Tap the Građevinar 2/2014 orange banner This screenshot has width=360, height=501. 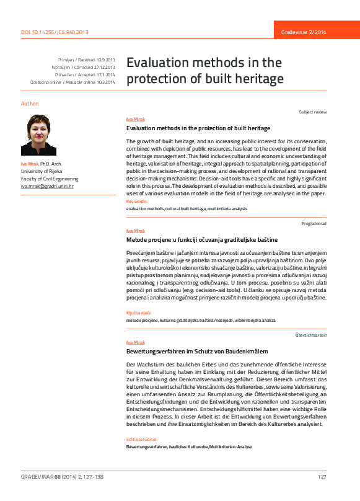point(316,32)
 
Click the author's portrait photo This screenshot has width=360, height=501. point(38,135)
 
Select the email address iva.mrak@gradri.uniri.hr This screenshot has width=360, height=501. point(47,186)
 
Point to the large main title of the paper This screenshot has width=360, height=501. point(204,71)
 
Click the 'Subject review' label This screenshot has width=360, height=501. point(321,112)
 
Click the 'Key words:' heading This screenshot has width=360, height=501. point(137,202)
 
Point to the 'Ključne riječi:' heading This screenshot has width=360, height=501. point(139,313)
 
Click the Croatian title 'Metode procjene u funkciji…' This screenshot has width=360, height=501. point(202,239)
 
